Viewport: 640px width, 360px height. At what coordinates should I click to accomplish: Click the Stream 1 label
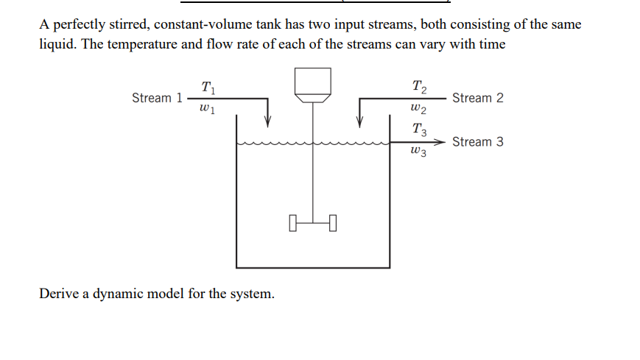156,98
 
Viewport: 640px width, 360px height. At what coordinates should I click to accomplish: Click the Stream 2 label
478,98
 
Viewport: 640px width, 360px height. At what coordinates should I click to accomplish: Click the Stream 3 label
478,141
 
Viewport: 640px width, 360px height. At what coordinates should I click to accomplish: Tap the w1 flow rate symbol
207,110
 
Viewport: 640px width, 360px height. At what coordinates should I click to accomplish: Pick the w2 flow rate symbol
418,110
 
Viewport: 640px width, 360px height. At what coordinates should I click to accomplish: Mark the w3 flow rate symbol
418,152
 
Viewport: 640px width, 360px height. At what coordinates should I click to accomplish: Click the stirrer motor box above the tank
313,82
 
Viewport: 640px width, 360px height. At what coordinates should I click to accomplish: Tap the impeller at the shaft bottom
313,221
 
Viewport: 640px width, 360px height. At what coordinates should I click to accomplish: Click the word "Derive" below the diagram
60,294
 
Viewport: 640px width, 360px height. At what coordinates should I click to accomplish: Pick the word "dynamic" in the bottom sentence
120,294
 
